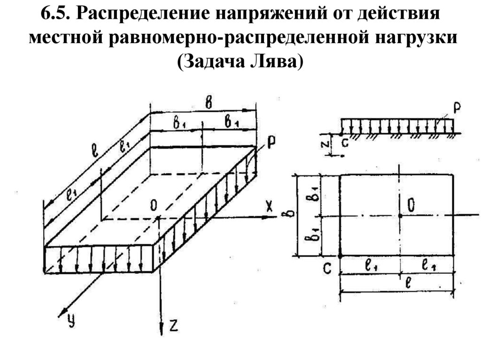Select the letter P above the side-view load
pos(457,109)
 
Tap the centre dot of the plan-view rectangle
pos(400,215)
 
